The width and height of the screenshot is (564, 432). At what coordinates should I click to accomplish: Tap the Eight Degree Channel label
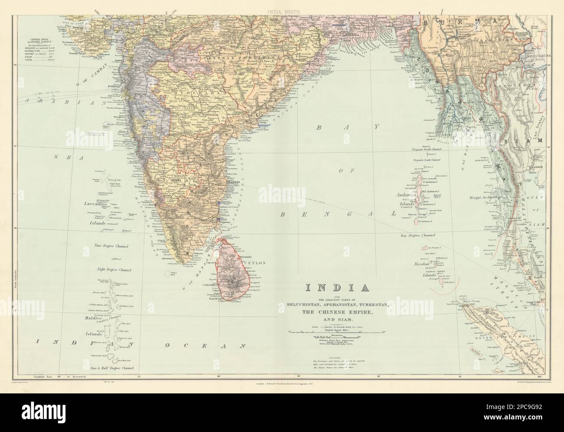coord(114,270)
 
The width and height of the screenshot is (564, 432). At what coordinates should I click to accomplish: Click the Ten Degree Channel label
coord(417,235)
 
